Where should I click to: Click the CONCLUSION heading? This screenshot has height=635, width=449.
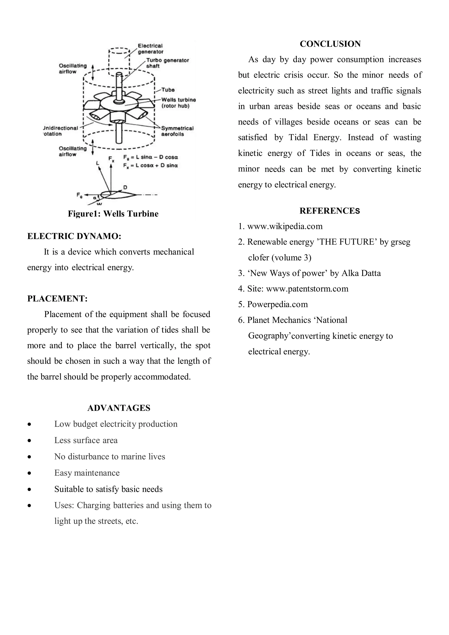click(330, 44)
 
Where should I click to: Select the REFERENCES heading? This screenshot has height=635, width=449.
click(330, 211)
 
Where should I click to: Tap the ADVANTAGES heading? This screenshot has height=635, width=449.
click(119, 408)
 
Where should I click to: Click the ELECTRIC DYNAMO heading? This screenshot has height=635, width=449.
click(74, 236)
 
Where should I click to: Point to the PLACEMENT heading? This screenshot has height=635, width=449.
click(57, 299)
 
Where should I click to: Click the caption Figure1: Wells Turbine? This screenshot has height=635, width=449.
click(113, 214)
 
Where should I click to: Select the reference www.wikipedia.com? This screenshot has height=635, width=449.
click(285, 226)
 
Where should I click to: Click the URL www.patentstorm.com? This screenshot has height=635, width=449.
click(307, 289)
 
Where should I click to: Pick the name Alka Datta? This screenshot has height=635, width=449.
click(361, 273)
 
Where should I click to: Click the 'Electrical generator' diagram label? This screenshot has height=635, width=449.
click(150, 49)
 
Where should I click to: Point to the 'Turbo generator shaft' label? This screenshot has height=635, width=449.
click(167, 63)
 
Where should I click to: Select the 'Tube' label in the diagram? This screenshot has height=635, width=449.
click(168, 90)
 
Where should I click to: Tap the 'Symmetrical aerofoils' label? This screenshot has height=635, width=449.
click(177, 131)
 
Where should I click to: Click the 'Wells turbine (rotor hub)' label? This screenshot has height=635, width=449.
click(178, 103)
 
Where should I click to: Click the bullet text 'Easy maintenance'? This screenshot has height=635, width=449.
click(87, 473)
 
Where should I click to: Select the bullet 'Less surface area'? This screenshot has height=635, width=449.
click(86, 440)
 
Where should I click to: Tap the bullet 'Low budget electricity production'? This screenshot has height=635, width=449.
click(116, 424)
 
